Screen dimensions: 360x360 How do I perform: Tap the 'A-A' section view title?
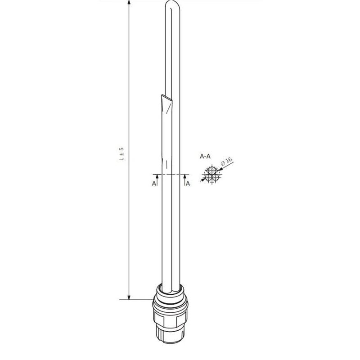click(x=206, y=157)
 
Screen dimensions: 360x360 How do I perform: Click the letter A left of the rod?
click(x=154, y=184)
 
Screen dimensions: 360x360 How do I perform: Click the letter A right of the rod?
click(x=188, y=184)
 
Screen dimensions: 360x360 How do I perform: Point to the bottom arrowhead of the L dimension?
click(x=129, y=297)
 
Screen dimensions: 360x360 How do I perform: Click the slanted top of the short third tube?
click(x=165, y=99)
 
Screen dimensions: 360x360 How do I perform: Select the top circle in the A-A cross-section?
click(x=211, y=171)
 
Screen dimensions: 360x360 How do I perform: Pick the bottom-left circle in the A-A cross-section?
click(x=209, y=177)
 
